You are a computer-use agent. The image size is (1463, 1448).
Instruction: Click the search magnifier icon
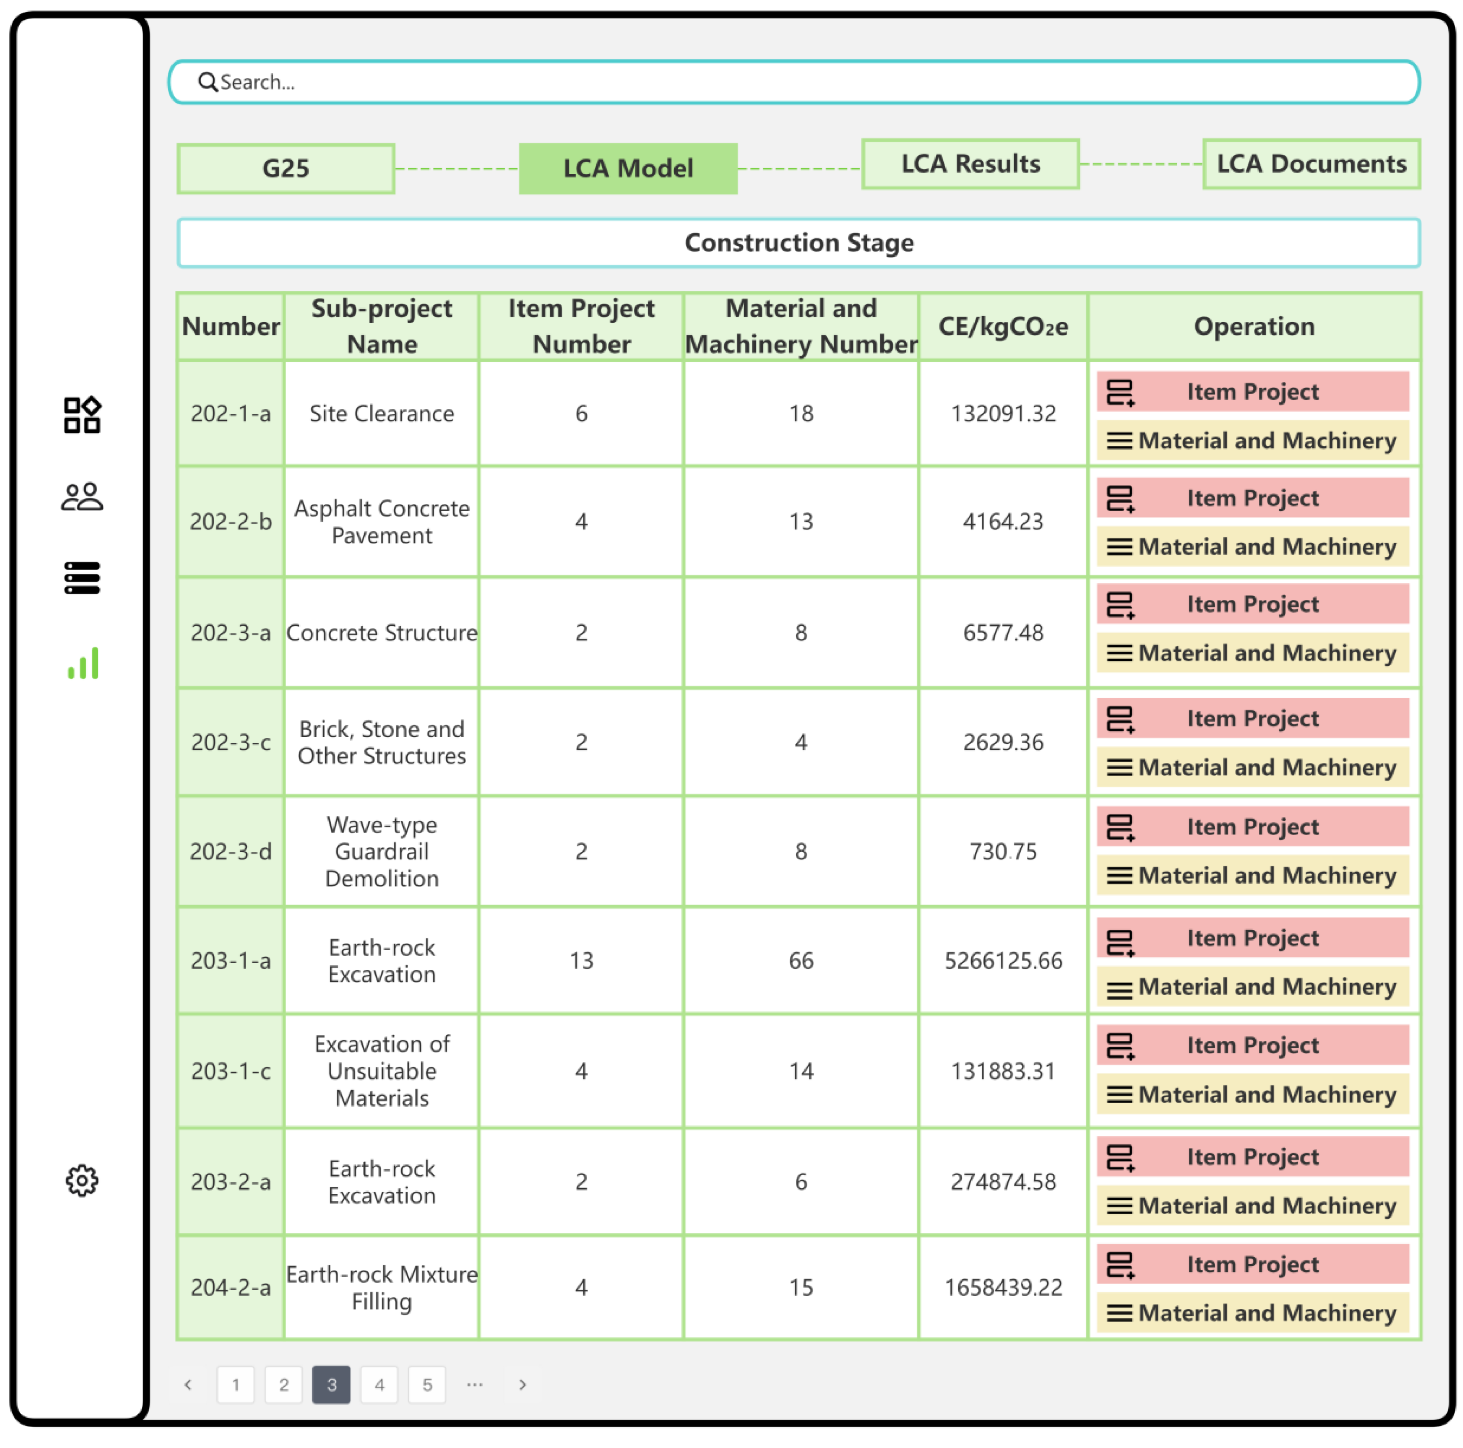pyautogui.click(x=207, y=82)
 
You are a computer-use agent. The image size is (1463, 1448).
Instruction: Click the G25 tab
pyautogui.click(x=285, y=168)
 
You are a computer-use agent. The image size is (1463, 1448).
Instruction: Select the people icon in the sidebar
pyautogui.click(x=82, y=497)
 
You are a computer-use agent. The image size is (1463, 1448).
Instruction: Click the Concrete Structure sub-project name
pyautogui.click(x=382, y=632)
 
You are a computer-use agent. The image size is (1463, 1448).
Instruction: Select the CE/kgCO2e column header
pyautogui.click(x=1003, y=327)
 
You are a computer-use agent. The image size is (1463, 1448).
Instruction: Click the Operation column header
pyautogui.click(x=1254, y=327)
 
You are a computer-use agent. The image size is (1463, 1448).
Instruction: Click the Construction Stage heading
pyautogui.click(x=799, y=242)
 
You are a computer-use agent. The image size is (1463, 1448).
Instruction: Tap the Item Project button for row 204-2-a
pyautogui.click(x=1253, y=1264)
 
